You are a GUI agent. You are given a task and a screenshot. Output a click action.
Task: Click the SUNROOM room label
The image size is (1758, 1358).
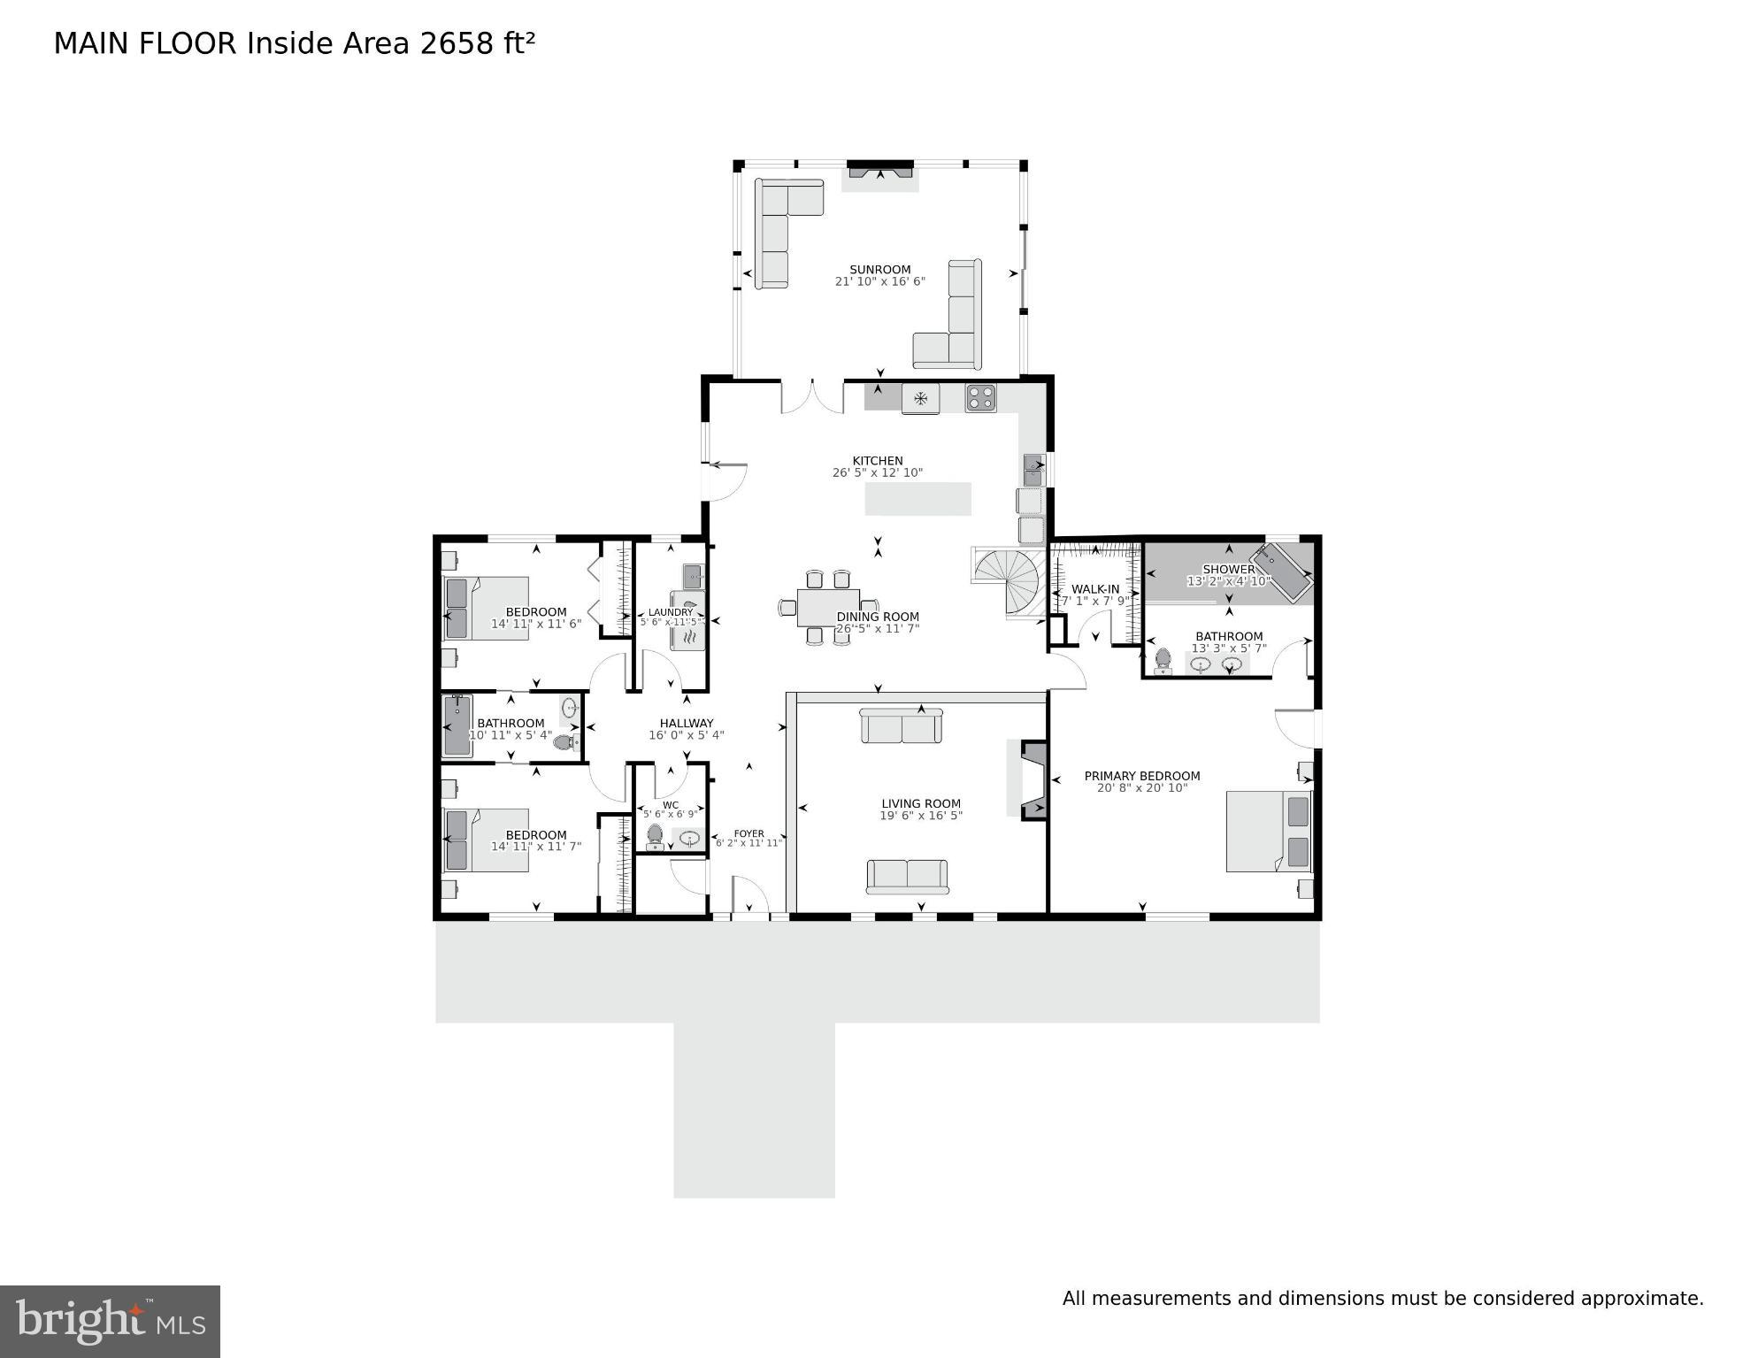coord(879,270)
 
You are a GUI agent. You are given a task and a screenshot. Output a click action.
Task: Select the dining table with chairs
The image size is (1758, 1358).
coord(828,607)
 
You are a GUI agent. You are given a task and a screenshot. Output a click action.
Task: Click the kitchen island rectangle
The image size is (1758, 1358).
coord(917,498)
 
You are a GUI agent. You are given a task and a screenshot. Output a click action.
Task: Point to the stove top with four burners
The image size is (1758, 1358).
coord(980,397)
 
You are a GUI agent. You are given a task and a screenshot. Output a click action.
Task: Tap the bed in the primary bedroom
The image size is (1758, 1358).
coord(1268,832)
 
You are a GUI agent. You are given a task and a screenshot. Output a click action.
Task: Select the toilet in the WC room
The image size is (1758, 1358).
coord(655,835)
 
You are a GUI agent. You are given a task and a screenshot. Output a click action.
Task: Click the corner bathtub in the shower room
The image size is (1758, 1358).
coord(1282,573)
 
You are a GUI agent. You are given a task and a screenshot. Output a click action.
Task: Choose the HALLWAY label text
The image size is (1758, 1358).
coord(686,723)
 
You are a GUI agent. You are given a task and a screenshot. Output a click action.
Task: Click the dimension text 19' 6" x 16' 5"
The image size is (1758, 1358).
coord(920,816)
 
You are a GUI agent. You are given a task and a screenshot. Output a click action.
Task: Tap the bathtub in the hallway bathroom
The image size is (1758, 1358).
coord(457,725)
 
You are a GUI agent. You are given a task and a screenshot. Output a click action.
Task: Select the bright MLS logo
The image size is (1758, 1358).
coord(110,1321)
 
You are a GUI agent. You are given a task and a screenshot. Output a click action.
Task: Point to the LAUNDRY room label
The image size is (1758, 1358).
coord(670,612)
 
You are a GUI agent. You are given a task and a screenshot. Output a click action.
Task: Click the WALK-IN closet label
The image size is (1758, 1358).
coord(1095,589)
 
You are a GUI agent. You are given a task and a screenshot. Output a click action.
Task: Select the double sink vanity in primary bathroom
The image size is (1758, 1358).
coord(1217,664)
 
